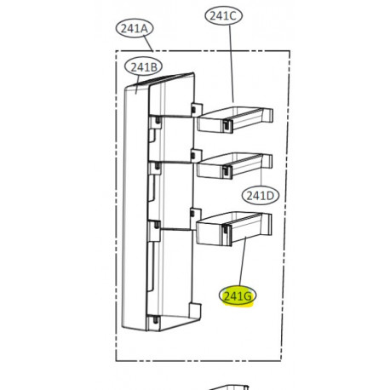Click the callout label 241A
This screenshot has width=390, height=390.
(135, 29)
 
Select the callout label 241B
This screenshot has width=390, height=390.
(144, 67)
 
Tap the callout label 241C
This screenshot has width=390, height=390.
(223, 16)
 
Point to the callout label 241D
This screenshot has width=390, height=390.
(261, 196)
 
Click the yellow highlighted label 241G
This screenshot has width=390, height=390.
(238, 296)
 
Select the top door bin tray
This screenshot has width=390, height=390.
(235, 119)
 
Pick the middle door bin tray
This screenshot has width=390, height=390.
(234, 166)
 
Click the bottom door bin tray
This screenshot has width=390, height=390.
(234, 229)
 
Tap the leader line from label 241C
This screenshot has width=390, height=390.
(232, 64)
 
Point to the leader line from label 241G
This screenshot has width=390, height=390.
(243, 261)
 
